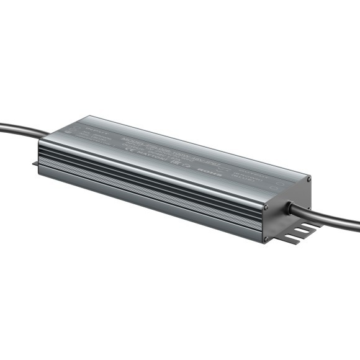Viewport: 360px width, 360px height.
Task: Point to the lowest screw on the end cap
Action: tap(266, 238)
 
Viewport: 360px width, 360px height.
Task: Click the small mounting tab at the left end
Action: tap(35, 164)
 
